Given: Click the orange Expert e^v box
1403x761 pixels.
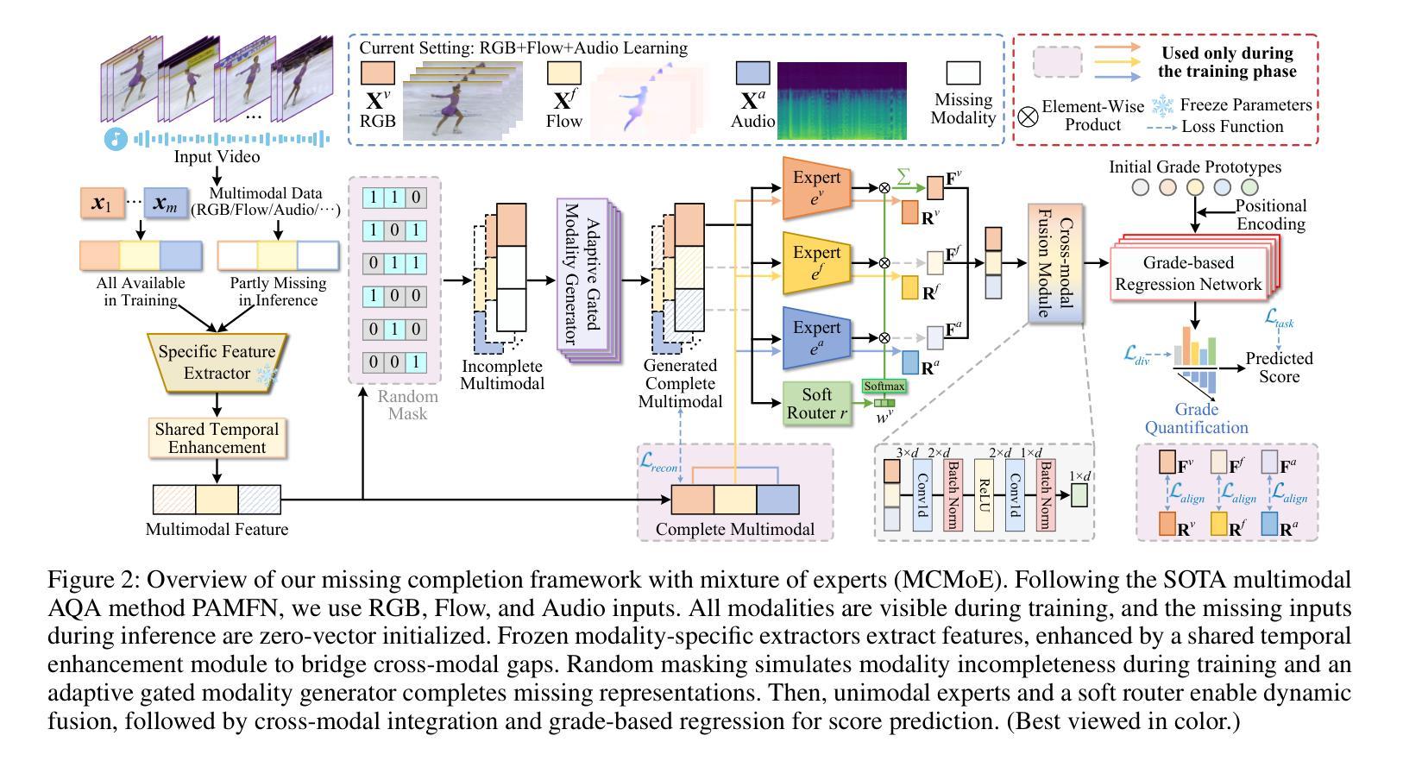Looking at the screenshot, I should (815, 188).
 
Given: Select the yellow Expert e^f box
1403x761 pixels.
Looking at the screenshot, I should (815, 262).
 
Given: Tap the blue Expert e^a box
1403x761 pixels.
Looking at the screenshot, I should (815, 337).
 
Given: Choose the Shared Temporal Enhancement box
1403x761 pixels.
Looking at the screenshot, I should (217, 438).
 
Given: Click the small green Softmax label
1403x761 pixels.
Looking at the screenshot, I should (884, 387).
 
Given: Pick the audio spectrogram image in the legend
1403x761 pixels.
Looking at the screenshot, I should (841, 100).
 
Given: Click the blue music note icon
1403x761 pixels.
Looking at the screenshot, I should (115, 138).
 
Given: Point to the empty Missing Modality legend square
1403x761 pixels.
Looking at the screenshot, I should (963, 73).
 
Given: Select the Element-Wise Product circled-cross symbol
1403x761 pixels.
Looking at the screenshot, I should (1028, 116).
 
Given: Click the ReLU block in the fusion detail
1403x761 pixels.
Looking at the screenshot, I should (984, 494).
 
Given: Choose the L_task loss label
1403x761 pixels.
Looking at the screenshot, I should (1279, 318).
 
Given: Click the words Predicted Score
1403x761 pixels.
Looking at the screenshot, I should (1279, 367).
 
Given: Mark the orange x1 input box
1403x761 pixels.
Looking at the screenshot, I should (101, 204).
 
